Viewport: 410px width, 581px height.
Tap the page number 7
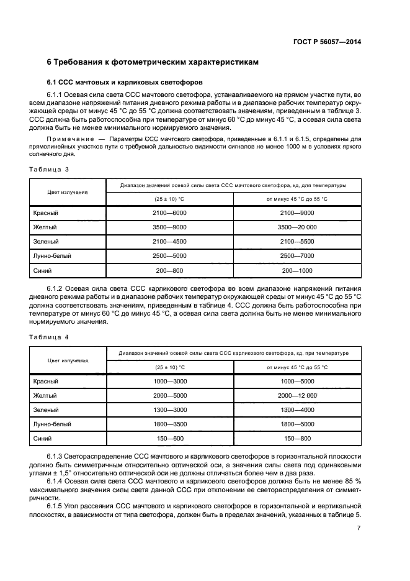359,528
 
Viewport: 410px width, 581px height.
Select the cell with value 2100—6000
169,213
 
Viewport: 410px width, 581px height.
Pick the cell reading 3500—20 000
297,227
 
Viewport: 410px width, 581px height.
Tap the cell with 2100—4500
169,242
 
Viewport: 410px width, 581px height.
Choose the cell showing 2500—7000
297,256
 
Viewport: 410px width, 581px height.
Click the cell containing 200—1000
297,270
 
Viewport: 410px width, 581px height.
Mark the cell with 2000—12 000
297,395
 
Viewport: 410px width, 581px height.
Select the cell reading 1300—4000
297,410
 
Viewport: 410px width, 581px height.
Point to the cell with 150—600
169,439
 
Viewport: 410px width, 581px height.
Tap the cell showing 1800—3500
169,424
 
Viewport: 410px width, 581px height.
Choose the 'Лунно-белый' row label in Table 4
52,424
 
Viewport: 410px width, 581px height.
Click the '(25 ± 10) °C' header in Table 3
169,198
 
